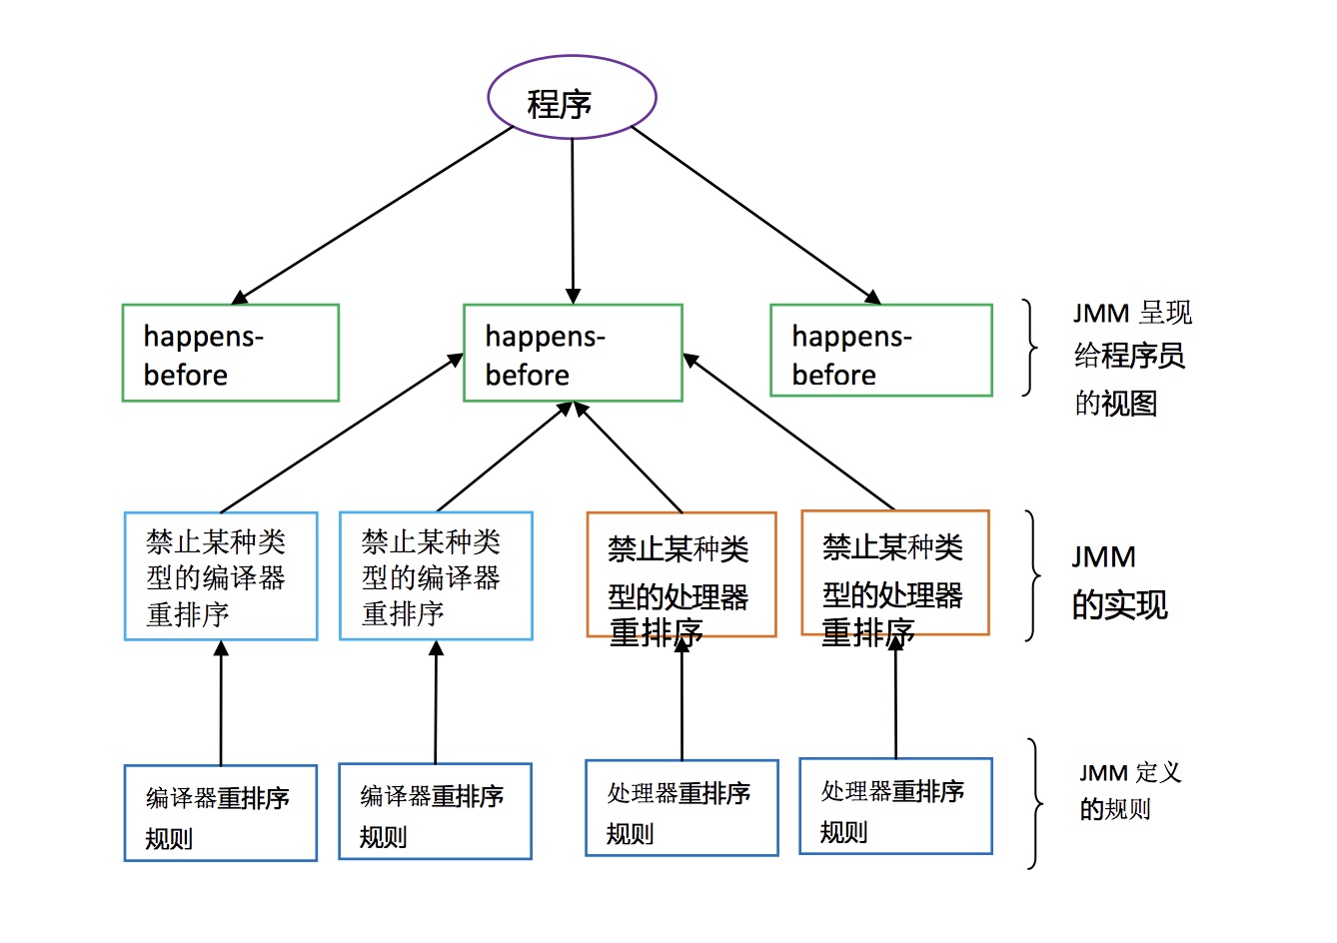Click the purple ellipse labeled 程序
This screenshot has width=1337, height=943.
(x=572, y=98)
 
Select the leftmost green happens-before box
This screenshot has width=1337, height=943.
(x=230, y=353)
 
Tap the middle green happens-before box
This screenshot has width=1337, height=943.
(x=573, y=353)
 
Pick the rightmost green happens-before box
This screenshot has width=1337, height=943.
(x=880, y=351)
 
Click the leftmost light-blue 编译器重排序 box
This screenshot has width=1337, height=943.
(x=221, y=576)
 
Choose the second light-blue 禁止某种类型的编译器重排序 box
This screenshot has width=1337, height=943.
(x=436, y=576)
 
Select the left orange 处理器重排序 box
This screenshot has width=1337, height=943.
(x=681, y=575)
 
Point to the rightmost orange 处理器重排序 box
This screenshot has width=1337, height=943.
(x=895, y=573)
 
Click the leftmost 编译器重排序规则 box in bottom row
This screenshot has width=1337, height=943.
(x=221, y=813)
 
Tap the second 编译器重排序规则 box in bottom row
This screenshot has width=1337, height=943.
(x=435, y=811)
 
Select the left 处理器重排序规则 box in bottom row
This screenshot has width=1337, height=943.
(x=681, y=808)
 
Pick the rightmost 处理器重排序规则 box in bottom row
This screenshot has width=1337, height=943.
(x=895, y=806)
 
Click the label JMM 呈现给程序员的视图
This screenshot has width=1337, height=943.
(x=1132, y=358)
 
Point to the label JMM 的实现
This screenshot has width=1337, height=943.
(x=1117, y=581)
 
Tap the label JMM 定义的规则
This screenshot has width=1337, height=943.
(x=1129, y=790)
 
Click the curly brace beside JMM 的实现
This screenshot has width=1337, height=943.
(x=1033, y=575)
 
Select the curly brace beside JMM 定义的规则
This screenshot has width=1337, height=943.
(x=1035, y=803)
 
